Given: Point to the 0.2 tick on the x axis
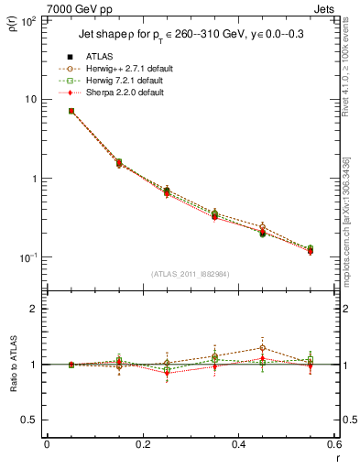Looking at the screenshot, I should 142,446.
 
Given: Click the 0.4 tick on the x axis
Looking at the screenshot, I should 238,446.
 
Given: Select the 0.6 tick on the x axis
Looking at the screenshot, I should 333,446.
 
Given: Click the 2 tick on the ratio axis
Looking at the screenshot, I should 33,309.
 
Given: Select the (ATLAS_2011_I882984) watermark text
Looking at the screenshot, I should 191,274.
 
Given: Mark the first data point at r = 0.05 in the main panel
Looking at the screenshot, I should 71,111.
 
